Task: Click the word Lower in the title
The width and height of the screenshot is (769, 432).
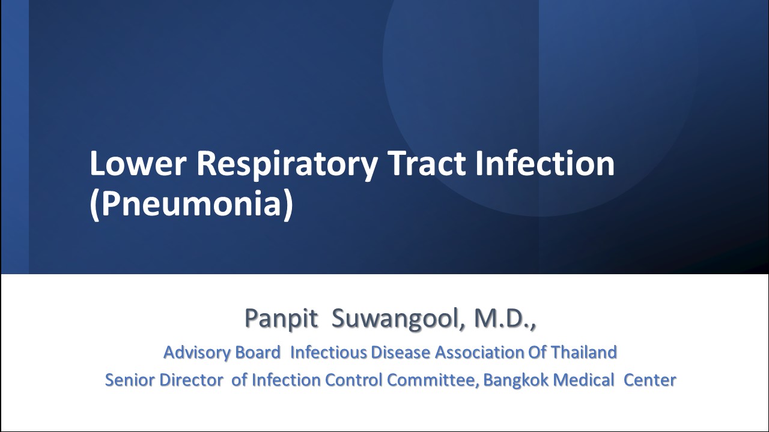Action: (x=138, y=163)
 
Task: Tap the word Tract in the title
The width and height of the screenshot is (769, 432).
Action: (x=427, y=163)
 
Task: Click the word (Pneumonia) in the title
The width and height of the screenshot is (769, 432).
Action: (x=192, y=205)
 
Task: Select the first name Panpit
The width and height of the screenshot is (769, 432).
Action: (x=281, y=318)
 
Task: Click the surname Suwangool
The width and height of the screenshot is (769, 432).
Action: (x=395, y=319)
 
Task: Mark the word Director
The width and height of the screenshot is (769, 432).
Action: (x=192, y=380)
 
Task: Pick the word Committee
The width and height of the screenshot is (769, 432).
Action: (x=433, y=380)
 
